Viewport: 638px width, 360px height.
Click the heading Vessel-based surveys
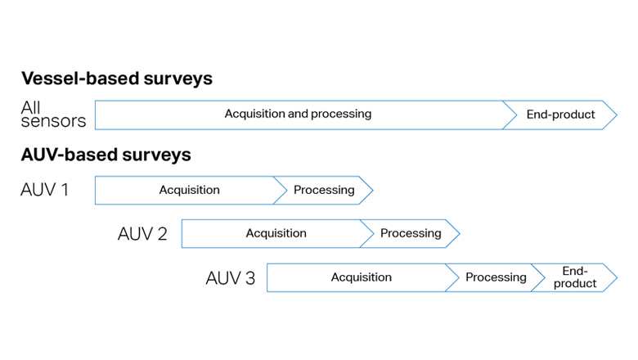[116, 79]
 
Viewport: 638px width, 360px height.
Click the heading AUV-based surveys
[106, 154]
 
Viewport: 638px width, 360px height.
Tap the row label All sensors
[53, 115]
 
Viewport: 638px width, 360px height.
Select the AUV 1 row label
[45, 190]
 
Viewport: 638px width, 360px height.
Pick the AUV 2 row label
[142, 234]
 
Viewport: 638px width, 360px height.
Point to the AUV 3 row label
[230, 278]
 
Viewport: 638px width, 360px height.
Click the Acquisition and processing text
[298, 114]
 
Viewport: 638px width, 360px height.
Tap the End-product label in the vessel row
[560, 115]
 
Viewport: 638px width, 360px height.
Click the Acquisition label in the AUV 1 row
[189, 190]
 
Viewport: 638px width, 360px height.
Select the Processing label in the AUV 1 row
[324, 190]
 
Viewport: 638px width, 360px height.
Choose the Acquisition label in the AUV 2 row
[276, 233]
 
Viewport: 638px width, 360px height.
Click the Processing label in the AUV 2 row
[411, 233]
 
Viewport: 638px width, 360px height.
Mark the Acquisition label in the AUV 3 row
[361, 277]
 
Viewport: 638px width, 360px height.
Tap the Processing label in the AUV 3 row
[496, 277]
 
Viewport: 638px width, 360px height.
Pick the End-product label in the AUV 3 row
[575, 277]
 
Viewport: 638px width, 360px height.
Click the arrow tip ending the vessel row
[614, 115]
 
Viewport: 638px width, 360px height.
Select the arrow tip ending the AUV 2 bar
[457, 233]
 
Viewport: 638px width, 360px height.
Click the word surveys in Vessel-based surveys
[173, 79]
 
